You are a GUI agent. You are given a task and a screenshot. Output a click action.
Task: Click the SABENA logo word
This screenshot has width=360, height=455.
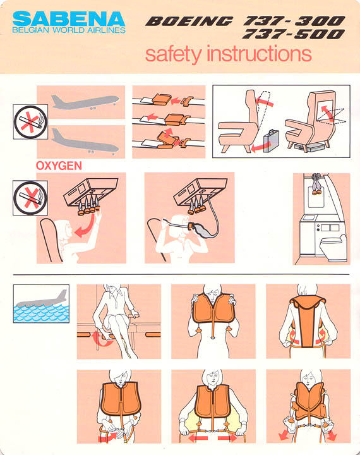pos(69,18)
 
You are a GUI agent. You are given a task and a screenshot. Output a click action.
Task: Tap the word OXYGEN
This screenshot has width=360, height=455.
pos(59,166)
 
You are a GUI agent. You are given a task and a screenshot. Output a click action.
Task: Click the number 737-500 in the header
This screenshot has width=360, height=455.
pos(293,34)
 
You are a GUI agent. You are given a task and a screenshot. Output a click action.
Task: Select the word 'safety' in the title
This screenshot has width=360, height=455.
pos(173,54)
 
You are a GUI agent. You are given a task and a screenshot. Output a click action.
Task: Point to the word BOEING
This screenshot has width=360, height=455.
pos(189,21)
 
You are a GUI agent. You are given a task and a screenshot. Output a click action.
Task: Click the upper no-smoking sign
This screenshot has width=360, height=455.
pos(30,122)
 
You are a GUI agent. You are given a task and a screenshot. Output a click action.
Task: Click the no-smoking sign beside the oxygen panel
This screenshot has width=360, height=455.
pos(30,198)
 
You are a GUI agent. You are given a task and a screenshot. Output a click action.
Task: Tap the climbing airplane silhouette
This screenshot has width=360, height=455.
pos(85,102)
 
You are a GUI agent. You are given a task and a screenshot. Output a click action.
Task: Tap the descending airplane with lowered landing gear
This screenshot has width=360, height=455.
pos(85,142)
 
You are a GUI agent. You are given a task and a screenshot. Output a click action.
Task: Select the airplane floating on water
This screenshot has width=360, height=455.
pos(42,299)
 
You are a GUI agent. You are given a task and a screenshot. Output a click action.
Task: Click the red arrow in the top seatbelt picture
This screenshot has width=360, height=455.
pos(176,101)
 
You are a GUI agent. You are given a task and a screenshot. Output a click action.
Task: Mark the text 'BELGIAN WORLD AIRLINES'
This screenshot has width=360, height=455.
pos(69,30)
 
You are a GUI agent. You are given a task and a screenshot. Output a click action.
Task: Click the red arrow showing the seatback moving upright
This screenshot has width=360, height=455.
pos(264,101)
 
